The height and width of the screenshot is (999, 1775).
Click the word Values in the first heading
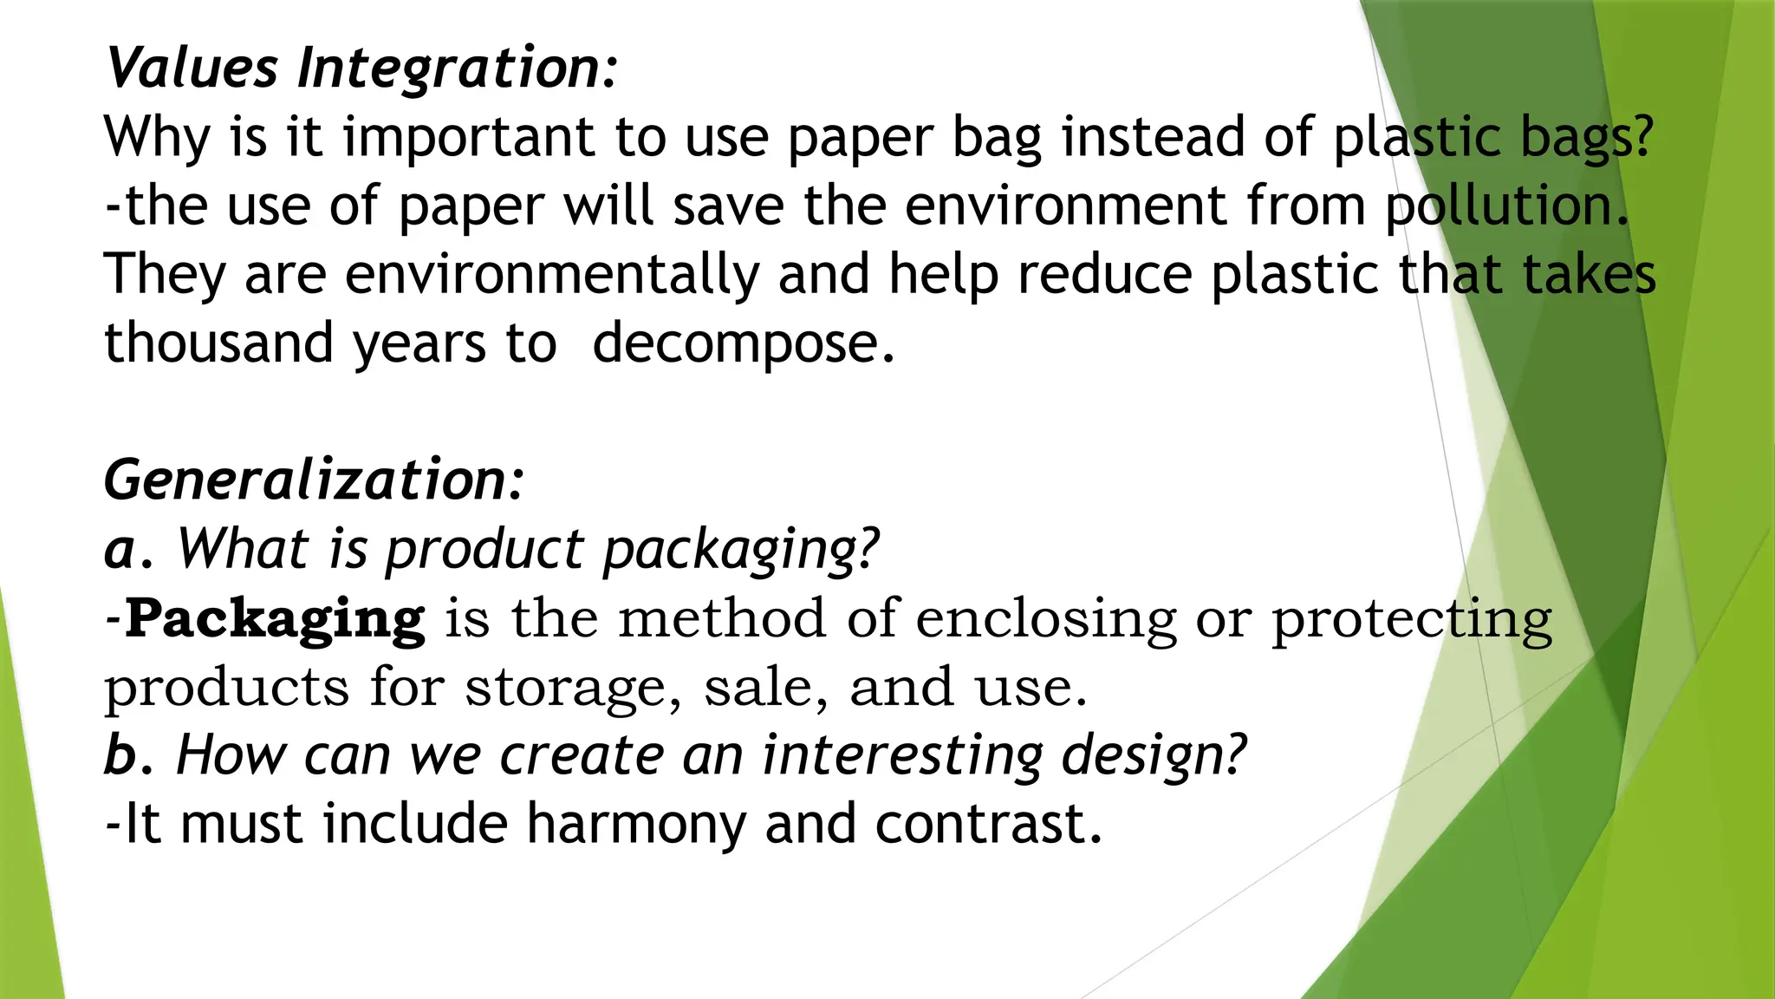(x=192, y=68)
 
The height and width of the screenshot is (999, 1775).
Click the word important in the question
(x=468, y=137)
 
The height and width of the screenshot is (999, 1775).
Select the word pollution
(x=1506, y=206)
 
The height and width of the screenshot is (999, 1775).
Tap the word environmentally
(x=551, y=275)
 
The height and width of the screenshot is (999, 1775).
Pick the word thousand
(x=218, y=343)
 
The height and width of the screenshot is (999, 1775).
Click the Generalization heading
(x=314, y=480)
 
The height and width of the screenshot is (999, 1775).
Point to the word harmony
(x=635, y=824)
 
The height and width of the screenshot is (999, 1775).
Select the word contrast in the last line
(x=988, y=824)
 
